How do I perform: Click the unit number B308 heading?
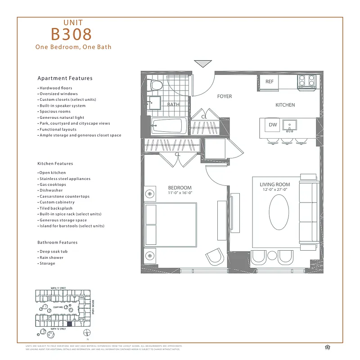tap(72, 34)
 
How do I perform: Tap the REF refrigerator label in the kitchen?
tap(269, 81)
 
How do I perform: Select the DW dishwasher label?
tap(273, 125)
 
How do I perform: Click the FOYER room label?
tap(224, 96)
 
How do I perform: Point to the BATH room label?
tap(173, 104)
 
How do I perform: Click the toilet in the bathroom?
tap(156, 84)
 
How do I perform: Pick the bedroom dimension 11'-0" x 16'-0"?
tap(180, 193)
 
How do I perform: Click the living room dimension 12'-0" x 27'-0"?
tap(274, 190)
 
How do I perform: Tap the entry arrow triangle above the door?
tap(203, 63)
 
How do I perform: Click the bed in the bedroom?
tap(170, 225)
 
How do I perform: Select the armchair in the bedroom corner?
tap(215, 257)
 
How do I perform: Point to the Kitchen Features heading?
tap(55, 164)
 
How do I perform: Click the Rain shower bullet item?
tap(51, 257)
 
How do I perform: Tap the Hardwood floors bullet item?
tap(55, 88)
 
